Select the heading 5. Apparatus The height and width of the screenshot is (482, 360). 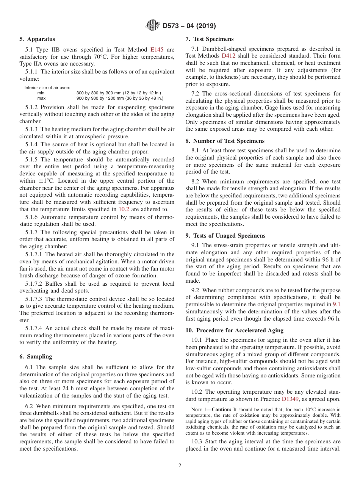point(37,39)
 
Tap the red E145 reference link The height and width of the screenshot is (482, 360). point(157,49)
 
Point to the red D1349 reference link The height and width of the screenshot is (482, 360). point(290,399)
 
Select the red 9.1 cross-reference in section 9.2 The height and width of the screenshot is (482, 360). point(337,304)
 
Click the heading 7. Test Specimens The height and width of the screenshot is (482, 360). point(210,39)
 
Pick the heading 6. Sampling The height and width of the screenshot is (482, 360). point(36,357)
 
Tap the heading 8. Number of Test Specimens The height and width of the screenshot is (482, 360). point(225,141)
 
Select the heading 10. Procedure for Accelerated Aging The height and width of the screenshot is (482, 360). point(234,330)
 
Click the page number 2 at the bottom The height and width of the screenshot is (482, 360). point(180,466)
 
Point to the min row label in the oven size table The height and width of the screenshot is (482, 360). point(41,93)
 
